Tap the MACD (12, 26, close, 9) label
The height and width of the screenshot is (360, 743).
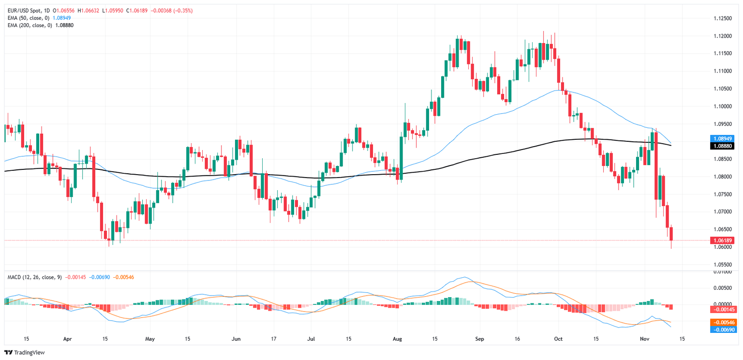pyautogui.click(x=34, y=277)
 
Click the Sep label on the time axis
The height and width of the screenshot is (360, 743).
pyautogui.click(x=479, y=339)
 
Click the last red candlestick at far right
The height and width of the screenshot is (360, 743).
pyautogui.click(x=671, y=233)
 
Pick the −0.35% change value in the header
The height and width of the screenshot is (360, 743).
pyautogui.click(x=183, y=11)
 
